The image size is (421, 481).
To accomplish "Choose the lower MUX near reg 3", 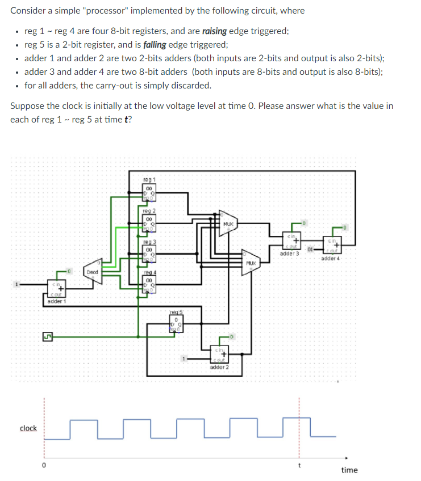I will pos(251,263).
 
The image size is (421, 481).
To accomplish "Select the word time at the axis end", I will pos(349,470).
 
